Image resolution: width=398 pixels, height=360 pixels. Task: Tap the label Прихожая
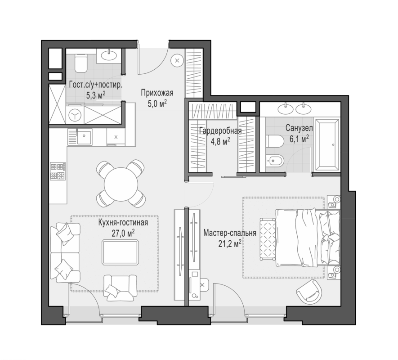point(157,93)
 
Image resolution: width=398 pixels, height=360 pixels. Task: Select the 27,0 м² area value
point(123,233)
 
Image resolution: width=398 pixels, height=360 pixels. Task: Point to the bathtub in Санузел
point(326,144)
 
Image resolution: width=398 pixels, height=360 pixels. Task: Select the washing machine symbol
point(75,115)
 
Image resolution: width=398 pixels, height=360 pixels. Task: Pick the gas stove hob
point(58,171)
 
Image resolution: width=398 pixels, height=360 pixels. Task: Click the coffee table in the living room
point(121,252)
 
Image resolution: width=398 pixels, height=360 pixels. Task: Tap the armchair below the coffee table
point(120,288)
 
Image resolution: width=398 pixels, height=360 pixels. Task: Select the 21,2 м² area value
point(230,244)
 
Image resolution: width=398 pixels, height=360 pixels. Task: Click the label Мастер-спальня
point(230,233)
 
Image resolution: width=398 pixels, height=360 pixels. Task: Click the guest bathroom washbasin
point(109,54)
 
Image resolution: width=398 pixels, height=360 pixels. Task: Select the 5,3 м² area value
point(96,95)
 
